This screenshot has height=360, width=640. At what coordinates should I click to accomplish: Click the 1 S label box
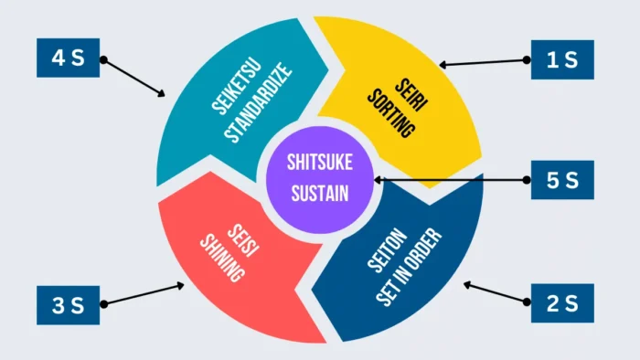pos(562,59)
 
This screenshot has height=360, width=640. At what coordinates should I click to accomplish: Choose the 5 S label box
pos(562,180)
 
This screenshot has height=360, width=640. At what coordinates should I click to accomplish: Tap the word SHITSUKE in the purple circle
pos(317,163)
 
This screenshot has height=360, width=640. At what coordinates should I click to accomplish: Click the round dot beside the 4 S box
pos(103,60)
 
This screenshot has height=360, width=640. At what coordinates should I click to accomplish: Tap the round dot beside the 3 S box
pos(103,303)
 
